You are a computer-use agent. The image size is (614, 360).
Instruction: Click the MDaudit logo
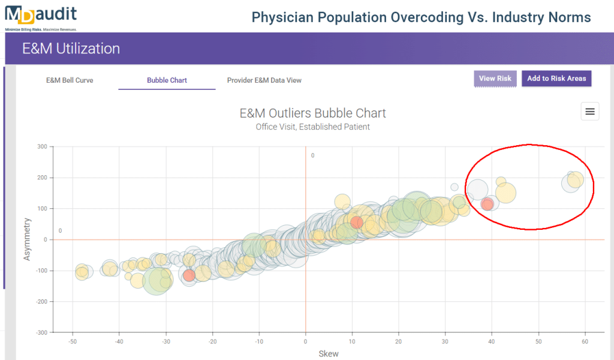41,16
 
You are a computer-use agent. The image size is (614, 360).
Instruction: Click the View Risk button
495,79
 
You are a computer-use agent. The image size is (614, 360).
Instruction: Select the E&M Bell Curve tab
70,80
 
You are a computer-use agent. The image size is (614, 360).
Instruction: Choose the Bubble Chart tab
167,80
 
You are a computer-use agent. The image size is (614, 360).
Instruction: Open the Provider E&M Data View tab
264,80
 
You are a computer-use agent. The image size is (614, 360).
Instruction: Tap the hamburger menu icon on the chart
590,111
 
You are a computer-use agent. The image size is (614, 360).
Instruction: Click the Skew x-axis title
329,353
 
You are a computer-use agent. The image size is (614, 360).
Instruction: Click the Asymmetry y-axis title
26,239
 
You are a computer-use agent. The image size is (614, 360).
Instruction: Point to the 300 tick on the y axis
43,146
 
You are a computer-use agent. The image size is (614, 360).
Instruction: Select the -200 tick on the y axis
41,301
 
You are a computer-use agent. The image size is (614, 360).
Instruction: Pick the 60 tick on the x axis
584,341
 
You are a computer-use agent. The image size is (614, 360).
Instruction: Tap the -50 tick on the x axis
72,341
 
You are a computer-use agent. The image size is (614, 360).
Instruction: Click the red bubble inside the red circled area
487,204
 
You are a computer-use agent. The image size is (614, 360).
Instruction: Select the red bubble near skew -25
189,275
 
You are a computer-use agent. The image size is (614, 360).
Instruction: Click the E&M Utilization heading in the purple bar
71,49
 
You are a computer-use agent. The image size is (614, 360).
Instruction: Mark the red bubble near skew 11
357,223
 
